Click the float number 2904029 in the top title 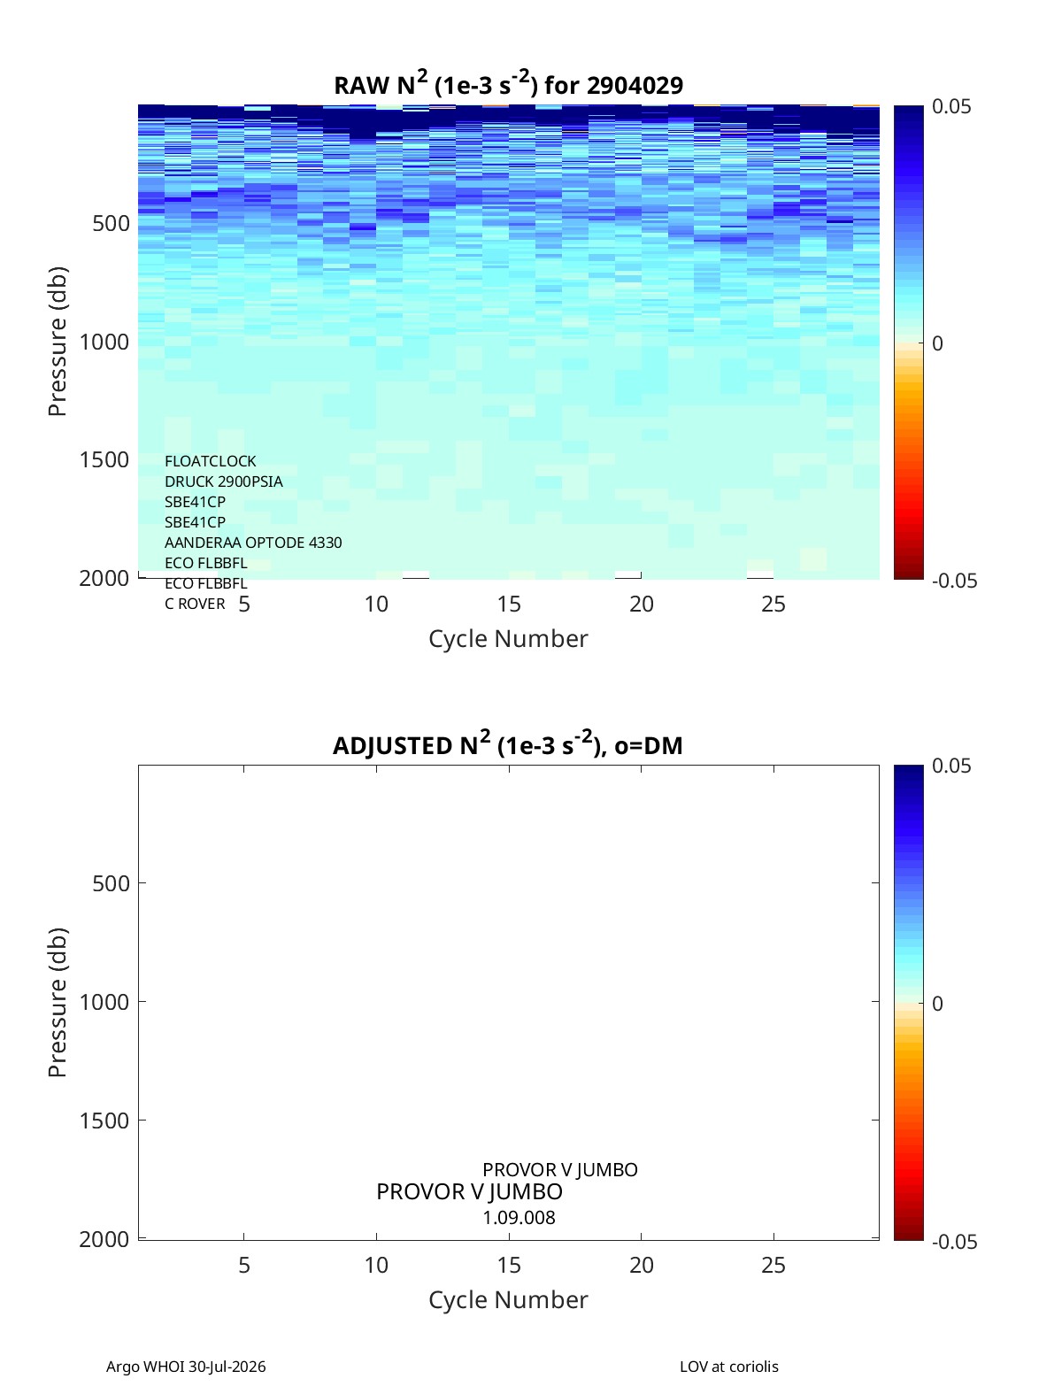pyautogui.click(x=635, y=86)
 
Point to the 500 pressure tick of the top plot pyautogui.click(x=112, y=224)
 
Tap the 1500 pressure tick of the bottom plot pyautogui.click(x=104, y=1121)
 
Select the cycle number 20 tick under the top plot pyautogui.click(x=641, y=604)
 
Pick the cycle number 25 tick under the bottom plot pyautogui.click(x=773, y=1265)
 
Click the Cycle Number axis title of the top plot pyautogui.click(x=508, y=638)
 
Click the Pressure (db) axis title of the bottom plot pyautogui.click(x=58, y=1002)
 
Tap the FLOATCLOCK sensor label pyautogui.click(x=210, y=461)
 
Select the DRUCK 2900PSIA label pyautogui.click(x=223, y=481)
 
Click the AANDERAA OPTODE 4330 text pyautogui.click(x=252, y=543)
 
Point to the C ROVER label pyautogui.click(x=195, y=604)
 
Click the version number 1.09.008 pyautogui.click(x=519, y=1218)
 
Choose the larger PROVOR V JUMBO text pyautogui.click(x=469, y=1191)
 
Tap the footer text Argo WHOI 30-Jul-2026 pyautogui.click(x=186, y=1366)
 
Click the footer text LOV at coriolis pyautogui.click(x=728, y=1366)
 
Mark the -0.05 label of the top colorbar pyautogui.click(x=954, y=581)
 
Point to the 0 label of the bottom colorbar pyautogui.click(x=937, y=1004)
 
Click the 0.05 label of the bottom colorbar pyautogui.click(x=950, y=766)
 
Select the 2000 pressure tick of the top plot pyautogui.click(x=104, y=578)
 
